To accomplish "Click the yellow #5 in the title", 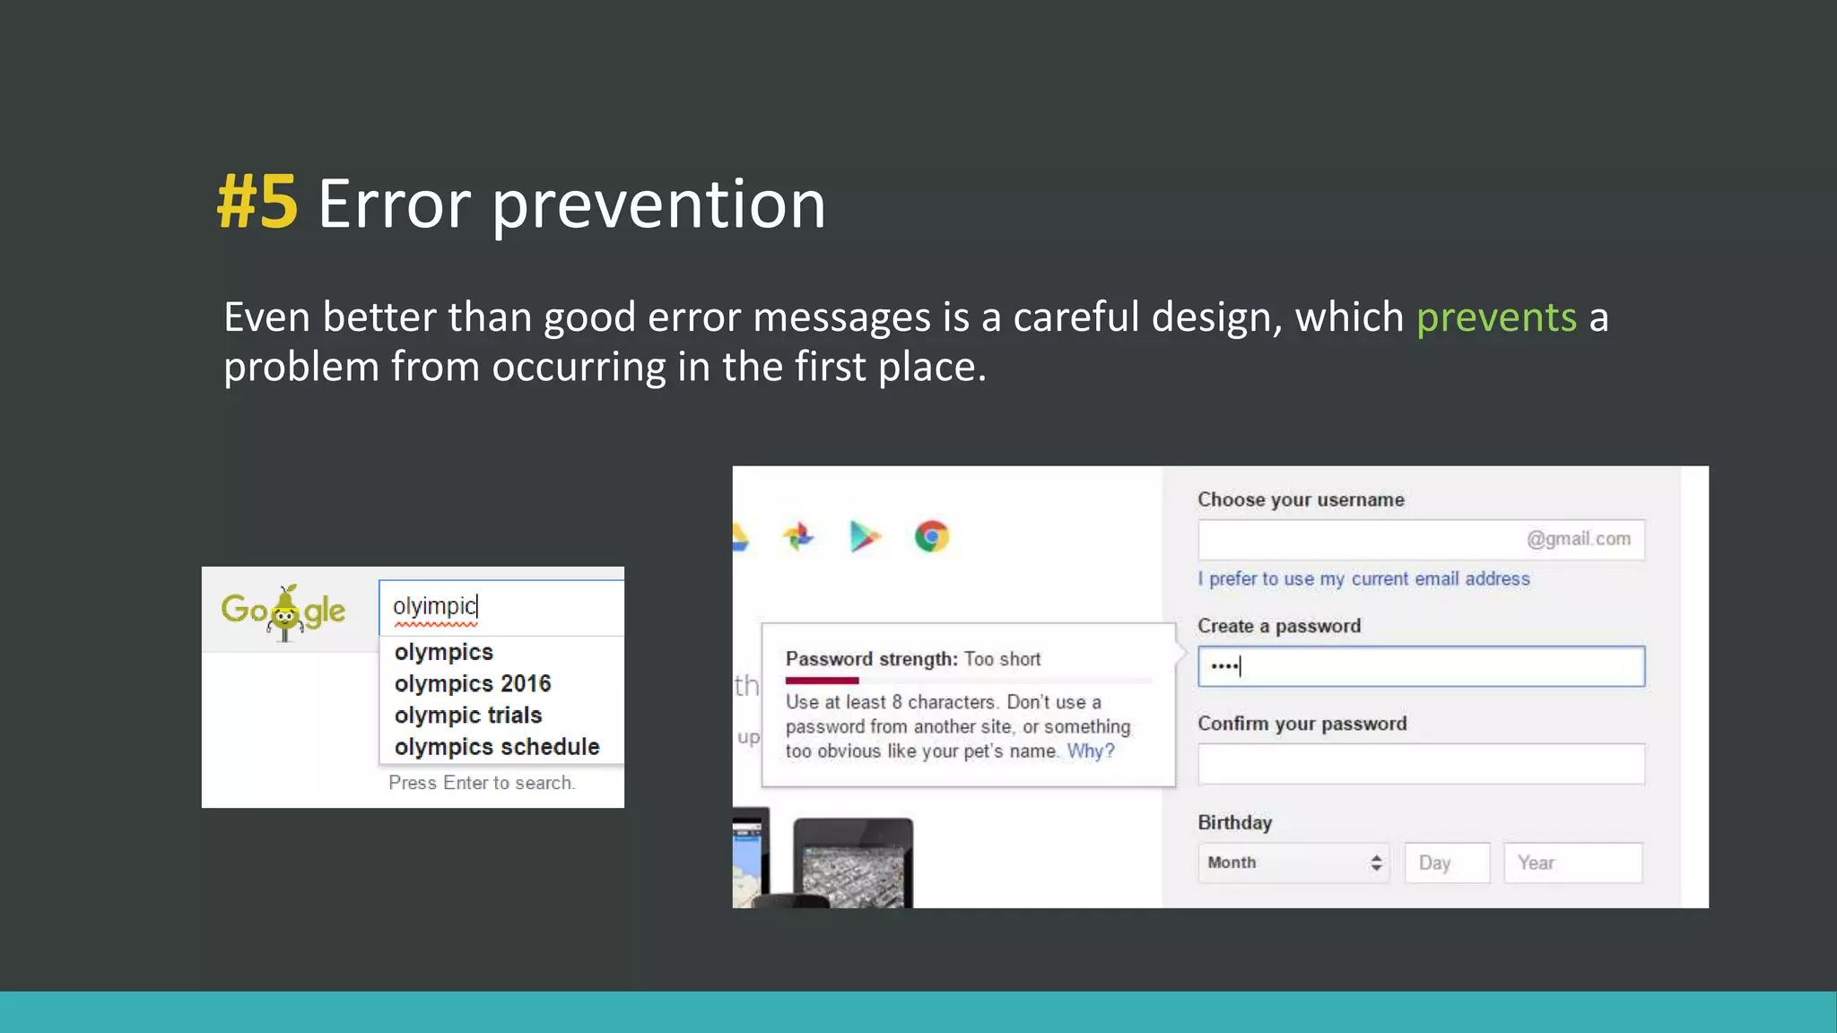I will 257,204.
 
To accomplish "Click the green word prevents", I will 1495,317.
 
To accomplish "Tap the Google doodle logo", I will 283,612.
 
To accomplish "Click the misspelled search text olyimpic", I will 434,606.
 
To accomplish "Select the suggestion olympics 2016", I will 473,683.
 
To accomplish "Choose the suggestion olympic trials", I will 468,715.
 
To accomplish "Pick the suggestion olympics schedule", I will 497,746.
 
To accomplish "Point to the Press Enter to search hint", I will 482,783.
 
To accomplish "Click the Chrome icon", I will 932,537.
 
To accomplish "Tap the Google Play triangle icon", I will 864,536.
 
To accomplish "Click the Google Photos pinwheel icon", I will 798,536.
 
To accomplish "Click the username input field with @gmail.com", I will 1421,540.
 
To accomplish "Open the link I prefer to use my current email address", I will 1363,579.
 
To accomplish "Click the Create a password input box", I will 1421,666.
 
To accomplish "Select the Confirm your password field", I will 1421,764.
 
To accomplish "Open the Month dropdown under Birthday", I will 1293,863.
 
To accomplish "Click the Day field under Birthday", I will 1447,863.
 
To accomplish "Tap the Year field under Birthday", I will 1572,863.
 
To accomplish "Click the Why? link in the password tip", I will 1090,751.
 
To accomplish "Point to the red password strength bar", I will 822,681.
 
